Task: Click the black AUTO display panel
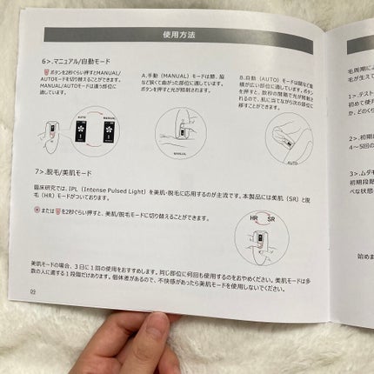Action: (83, 125)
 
